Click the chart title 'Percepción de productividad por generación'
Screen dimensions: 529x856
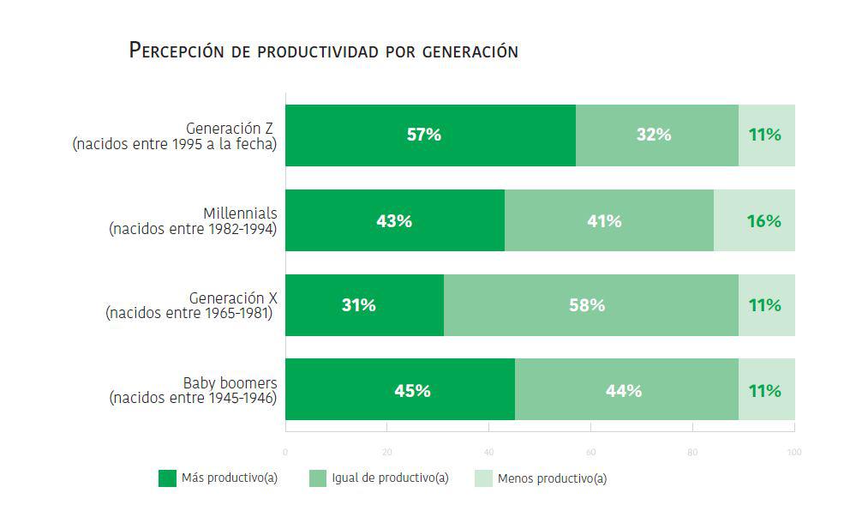(323, 51)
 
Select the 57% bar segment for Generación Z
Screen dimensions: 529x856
(429, 135)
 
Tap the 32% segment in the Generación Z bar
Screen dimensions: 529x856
(656, 135)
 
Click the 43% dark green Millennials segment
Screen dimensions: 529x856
(394, 220)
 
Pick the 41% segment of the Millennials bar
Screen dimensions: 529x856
(608, 220)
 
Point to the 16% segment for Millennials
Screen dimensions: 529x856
(754, 220)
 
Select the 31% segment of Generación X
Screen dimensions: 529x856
(363, 305)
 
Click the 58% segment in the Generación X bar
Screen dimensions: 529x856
(590, 305)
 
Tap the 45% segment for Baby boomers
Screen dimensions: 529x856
(399, 390)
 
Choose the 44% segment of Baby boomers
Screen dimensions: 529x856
(626, 390)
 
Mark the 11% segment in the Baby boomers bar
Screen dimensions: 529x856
(766, 390)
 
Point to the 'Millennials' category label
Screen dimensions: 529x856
(240, 213)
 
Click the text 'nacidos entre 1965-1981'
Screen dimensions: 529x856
(189, 314)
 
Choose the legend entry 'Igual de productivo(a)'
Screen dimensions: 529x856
(390, 478)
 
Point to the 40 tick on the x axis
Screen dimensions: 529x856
(488, 452)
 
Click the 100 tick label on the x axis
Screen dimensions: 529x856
(793, 452)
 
